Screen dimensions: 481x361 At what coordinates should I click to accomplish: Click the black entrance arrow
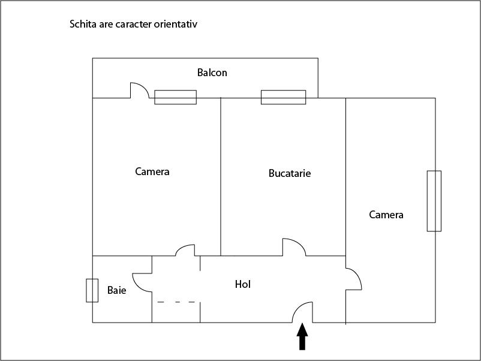point(302,336)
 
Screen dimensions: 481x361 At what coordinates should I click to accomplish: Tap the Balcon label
point(212,73)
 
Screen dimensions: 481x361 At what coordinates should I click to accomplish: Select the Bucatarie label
point(290,173)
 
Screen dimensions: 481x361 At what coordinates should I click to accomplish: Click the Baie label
point(116,290)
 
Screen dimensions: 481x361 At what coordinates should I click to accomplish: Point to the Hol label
point(243,284)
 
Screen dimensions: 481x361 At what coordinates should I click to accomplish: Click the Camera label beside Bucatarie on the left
point(152,172)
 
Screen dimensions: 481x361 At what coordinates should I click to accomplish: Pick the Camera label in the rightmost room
point(386,215)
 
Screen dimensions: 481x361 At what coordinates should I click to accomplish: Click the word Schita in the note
point(83,24)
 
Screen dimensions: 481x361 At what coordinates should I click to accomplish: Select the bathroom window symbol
point(92,290)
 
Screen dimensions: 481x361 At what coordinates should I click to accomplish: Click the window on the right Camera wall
point(434,201)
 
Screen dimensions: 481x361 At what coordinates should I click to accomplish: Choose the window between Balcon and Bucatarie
point(284,97)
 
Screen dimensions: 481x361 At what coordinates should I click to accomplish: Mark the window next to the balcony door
point(176,97)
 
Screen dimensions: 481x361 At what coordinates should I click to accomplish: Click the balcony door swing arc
point(143,86)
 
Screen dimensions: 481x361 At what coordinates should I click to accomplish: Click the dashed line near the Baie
point(176,302)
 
